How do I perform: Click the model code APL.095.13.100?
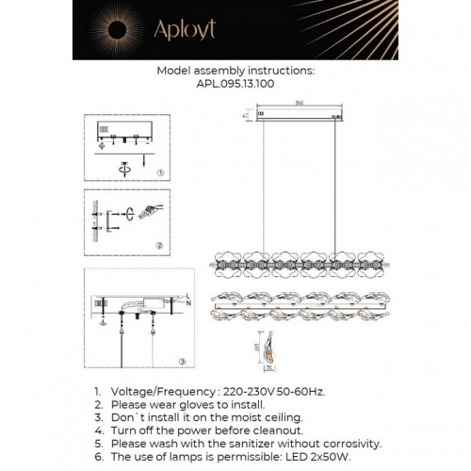[235, 83]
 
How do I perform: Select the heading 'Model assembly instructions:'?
[235, 70]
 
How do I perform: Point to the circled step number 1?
[160, 173]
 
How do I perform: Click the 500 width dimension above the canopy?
[298, 103]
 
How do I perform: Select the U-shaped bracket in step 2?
[112, 220]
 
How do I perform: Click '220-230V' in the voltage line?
[252, 389]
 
